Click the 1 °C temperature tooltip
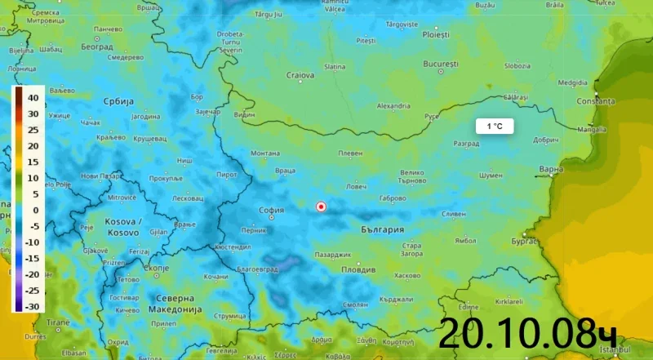point(495,127)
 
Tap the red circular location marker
point(321,207)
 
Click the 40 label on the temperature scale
point(33,98)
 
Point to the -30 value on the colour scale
point(33,306)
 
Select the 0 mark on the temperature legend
point(35,210)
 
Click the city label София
point(271,210)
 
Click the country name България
point(382,229)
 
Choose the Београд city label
point(97,47)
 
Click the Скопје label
point(155,268)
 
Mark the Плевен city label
point(350,153)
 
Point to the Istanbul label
point(611,349)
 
